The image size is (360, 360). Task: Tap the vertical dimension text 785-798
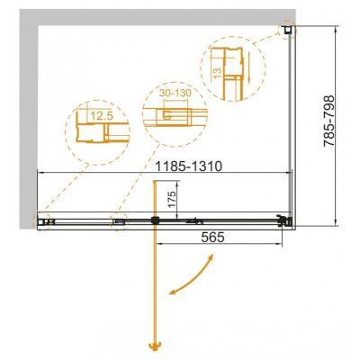point(329,121)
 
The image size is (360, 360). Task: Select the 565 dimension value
point(212,238)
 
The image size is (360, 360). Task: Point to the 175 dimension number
point(171,199)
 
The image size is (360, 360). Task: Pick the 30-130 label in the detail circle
point(175,93)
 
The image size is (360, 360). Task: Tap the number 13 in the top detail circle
point(218,72)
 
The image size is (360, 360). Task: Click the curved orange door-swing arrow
point(191,275)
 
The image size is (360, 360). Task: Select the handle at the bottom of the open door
point(155,347)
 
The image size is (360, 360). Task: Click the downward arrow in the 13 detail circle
point(249,67)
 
